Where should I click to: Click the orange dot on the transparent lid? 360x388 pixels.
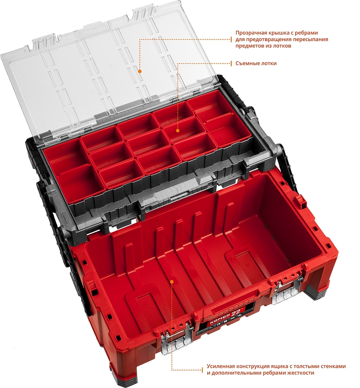point(140,71)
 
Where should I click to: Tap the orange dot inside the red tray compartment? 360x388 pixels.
point(177,130)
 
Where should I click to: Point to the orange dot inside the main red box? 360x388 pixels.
point(172,282)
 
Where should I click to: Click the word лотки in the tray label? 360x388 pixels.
point(268,63)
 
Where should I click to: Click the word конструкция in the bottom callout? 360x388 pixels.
point(249,366)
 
